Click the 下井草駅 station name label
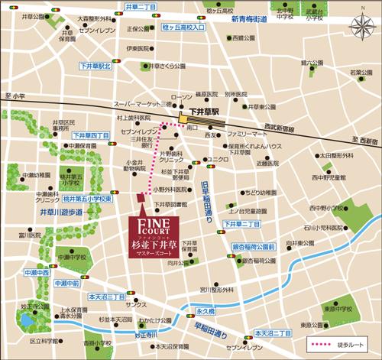coord(199,112)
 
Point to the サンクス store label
coord(138,304)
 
